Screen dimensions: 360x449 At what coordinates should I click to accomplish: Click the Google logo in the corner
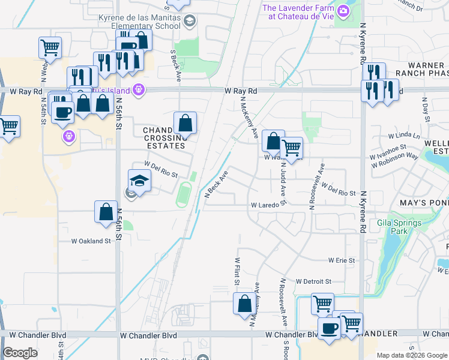[20, 353]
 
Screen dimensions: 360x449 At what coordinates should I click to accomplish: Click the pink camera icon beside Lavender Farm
[343, 10]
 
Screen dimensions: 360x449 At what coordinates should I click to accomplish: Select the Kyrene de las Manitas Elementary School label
[139, 22]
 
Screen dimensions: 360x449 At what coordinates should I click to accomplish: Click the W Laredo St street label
[268, 205]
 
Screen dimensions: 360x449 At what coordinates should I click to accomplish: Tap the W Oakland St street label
[91, 241]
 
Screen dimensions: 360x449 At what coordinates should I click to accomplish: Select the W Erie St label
[342, 260]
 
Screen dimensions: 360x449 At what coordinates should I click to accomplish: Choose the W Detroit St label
[313, 281]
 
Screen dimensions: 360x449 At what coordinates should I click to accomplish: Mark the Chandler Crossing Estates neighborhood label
[162, 137]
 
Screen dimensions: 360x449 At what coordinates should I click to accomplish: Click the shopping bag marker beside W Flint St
[244, 304]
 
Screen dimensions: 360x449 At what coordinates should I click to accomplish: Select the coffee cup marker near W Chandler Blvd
[329, 329]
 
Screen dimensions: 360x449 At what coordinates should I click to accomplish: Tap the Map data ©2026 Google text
[411, 355]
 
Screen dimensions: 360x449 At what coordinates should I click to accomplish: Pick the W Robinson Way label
[394, 155]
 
